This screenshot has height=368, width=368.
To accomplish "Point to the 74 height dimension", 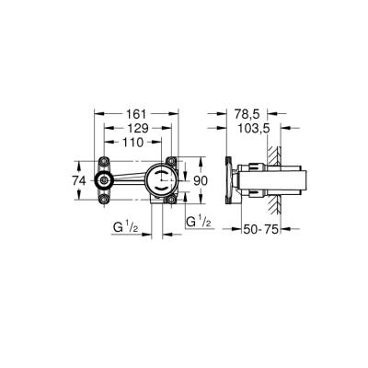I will click(x=80, y=181).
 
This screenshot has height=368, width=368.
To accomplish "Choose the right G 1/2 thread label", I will click(x=199, y=222).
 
